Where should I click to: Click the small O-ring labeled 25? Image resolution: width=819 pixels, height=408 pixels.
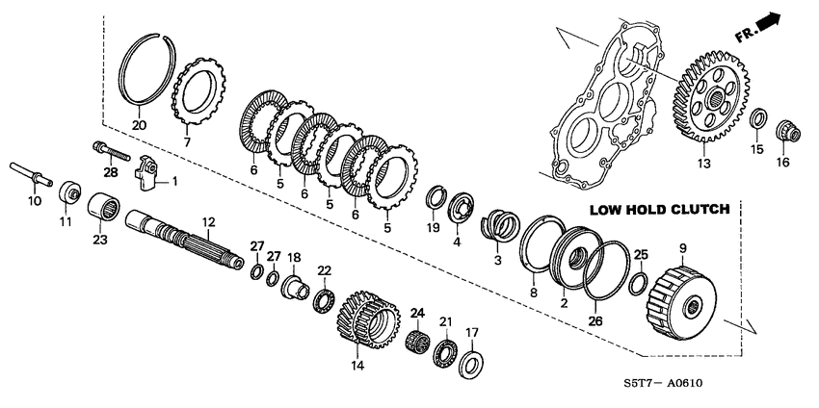pyautogui.click(x=638, y=285)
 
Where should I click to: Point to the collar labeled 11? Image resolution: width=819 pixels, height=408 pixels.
pyautogui.click(x=68, y=191)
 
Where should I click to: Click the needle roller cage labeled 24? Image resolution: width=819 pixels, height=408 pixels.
pyautogui.click(x=419, y=341)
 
